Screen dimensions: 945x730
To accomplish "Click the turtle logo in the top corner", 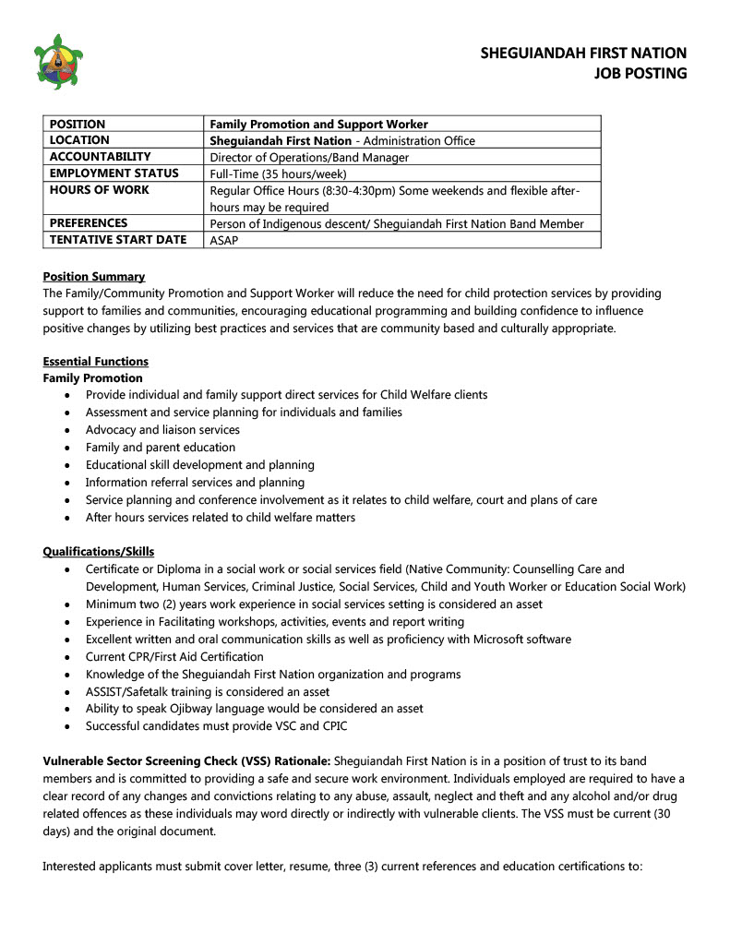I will click(57, 62).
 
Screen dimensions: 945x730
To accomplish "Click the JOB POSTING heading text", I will click(640, 73).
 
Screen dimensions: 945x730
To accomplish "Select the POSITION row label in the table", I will click(78, 124).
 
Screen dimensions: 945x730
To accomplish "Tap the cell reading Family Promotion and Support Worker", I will click(319, 124).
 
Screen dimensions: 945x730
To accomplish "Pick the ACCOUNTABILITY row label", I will click(100, 157).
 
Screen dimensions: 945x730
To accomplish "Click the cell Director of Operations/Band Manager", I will click(309, 157).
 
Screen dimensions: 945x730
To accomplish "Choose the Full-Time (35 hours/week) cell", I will click(279, 173).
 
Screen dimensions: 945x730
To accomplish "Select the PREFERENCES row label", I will click(89, 223).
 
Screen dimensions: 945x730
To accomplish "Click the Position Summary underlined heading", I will click(94, 276).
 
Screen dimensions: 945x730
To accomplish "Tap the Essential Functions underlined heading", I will click(96, 361).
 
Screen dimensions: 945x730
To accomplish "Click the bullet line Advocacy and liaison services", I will click(162, 430).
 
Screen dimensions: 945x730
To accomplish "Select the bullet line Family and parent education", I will click(161, 448).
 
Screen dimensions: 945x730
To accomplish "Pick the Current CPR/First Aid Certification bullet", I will click(174, 657).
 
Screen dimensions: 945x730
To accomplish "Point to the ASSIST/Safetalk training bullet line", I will click(208, 691).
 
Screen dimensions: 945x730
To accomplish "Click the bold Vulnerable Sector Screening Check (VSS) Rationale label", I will click(185, 760).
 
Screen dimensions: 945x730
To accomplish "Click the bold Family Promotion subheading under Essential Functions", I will click(93, 377).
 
